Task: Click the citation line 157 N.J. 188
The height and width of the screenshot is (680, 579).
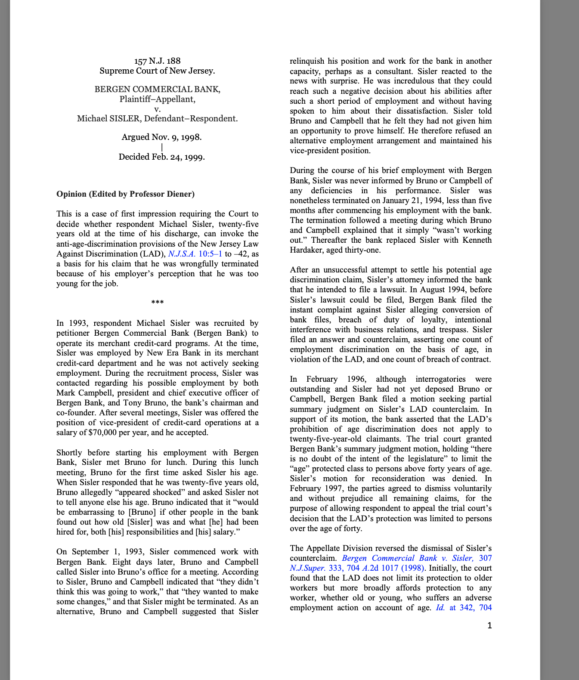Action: click(x=157, y=61)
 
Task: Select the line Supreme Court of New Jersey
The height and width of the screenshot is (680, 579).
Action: click(x=157, y=71)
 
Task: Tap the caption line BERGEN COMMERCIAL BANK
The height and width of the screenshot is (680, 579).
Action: click(x=157, y=90)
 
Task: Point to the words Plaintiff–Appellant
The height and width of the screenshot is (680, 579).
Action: click(x=157, y=99)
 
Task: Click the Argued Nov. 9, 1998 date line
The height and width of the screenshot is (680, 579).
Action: click(x=161, y=137)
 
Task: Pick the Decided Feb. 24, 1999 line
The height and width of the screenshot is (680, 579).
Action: click(x=161, y=157)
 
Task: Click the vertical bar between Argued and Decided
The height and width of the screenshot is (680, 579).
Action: click(x=161, y=147)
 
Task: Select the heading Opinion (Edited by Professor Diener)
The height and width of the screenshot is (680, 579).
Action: click(x=125, y=194)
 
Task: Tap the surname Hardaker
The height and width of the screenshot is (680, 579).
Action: click(x=305, y=250)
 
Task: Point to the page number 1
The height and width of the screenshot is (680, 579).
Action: click(x=489, y=626)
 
